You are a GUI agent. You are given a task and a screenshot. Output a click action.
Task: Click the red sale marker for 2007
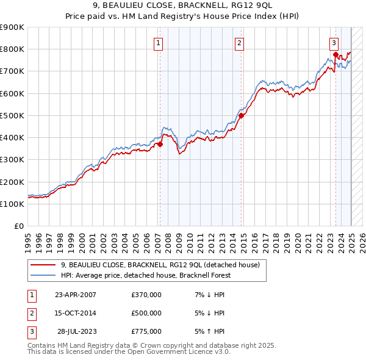point(160,145)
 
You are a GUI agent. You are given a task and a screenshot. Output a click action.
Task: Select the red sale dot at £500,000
point(241,115)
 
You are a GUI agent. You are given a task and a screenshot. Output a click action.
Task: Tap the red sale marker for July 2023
point(335,54)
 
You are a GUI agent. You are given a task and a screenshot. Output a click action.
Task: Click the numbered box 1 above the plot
point(158,43)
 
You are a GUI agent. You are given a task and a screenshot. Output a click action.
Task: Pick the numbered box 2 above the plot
point(240,43)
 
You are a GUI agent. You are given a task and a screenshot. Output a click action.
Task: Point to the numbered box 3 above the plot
point(334,43)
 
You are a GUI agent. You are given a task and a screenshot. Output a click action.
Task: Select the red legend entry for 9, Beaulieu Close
point(160,265)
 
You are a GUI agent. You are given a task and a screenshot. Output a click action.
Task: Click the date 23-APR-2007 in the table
point(76,295)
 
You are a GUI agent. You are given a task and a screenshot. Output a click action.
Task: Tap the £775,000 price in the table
point(146,331)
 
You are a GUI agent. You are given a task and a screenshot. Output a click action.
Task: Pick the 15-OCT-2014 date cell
point(76,313)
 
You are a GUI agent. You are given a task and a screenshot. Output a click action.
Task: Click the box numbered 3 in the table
point(30,331)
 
